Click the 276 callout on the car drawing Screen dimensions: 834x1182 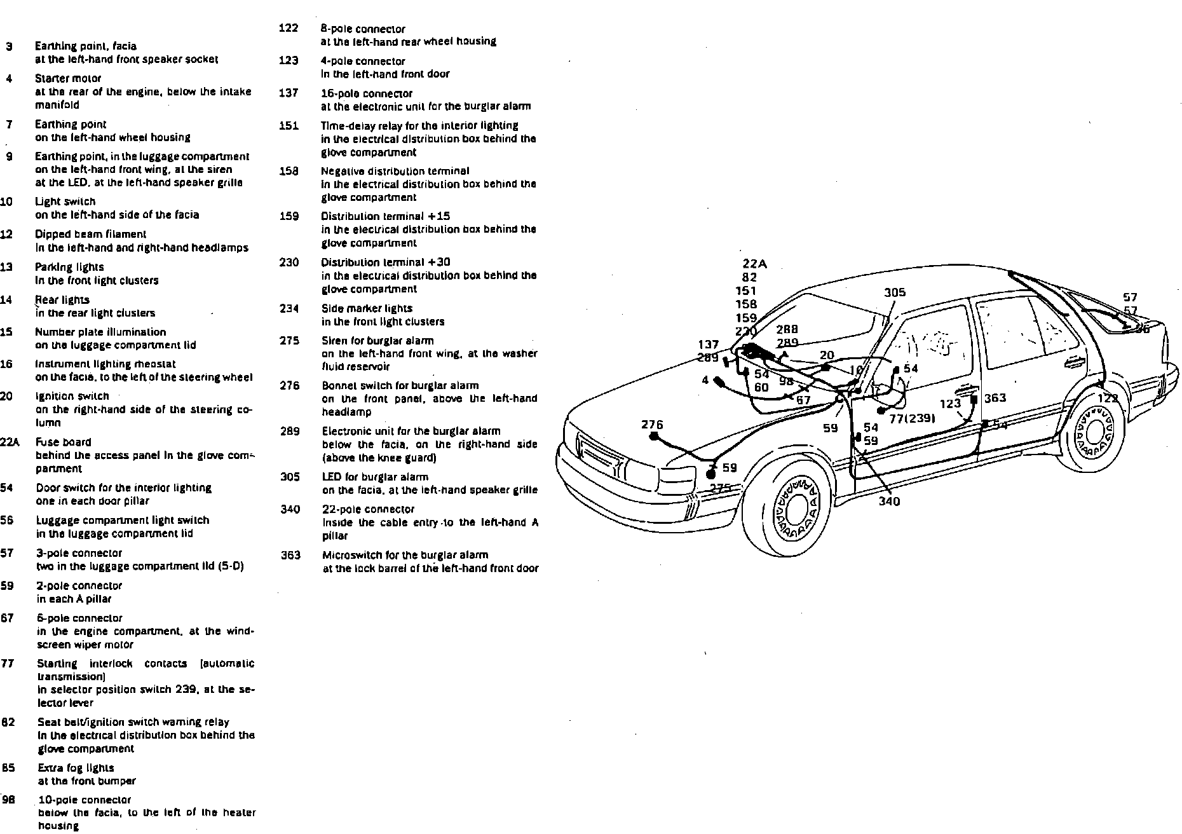652,424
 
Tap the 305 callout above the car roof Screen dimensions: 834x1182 895,292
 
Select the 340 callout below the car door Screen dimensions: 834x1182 889,501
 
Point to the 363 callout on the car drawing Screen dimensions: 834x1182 995,398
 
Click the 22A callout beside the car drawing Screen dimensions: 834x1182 754,264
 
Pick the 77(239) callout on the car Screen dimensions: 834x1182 911,418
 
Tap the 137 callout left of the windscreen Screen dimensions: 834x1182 709,345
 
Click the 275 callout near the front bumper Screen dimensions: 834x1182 721,488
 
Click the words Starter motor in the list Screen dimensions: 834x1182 68,78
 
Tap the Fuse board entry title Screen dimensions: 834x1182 64,442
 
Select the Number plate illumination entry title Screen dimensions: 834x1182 100,332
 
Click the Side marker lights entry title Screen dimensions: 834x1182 367,308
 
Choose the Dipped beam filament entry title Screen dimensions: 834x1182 90,234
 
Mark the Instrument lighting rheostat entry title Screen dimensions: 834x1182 105,364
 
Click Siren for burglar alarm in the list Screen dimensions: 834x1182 377,341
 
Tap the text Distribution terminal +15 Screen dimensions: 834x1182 385,216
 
